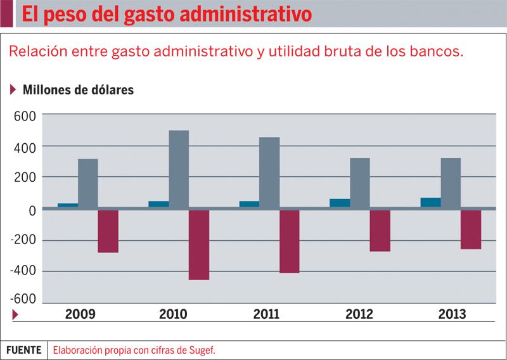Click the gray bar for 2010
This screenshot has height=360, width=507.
coord(179,169)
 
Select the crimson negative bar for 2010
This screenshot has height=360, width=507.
coord(199,245)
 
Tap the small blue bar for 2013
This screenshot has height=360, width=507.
coord(431,202)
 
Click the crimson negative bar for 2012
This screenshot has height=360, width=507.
coord(380,230)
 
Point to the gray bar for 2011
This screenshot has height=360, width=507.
coord(269,172)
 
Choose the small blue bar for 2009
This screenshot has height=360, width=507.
coord(68,205)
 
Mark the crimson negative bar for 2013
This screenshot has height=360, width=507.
coord(471,229)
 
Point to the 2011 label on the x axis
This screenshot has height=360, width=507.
coord(266,314)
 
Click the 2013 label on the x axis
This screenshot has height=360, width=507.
coord(452,314)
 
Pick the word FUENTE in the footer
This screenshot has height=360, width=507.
coord(24,349)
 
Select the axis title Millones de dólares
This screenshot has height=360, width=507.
coord(78,89)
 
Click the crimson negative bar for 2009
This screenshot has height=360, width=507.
coord(108,231)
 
